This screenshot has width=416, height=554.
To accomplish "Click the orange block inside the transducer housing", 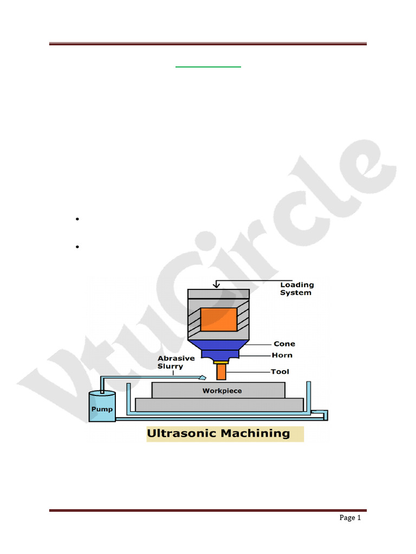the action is pyautogui.click(x=219, y=319).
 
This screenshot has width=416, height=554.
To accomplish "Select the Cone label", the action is pyautogui.click(x=284, y=344).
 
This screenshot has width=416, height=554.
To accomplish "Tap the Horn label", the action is pyautogui.click(x=282, y=355).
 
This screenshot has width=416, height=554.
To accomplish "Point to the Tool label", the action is pyautogui.click(x=280, y=372).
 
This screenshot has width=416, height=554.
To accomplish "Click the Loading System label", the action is pyautogui.click(x=296, y=289).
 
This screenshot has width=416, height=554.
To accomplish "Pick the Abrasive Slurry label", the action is pyautogui.click(x=176, y=362).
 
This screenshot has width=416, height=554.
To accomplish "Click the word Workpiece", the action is pyautogui.click(x=222, y=391).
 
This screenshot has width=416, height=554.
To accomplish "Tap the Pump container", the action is pyautogui.click(x=102, y=407).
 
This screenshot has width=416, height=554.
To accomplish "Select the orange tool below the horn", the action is pyautogui.click(x=220, y=372).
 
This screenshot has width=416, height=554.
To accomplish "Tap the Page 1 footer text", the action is pyautogui.click(x=350, y=518).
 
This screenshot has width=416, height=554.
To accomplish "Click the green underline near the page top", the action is pyautogui.click(x=208, y=67).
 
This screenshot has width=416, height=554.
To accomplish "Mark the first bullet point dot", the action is pyautogui.click(x=78, y=220).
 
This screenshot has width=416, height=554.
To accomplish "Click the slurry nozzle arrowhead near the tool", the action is pyautogui.click(x=203, y=377).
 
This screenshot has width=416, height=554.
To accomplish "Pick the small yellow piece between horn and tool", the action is pyautogui.click(x=220, y=362).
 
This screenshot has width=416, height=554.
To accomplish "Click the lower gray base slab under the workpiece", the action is pyautogui.click(x=219, y=405).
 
